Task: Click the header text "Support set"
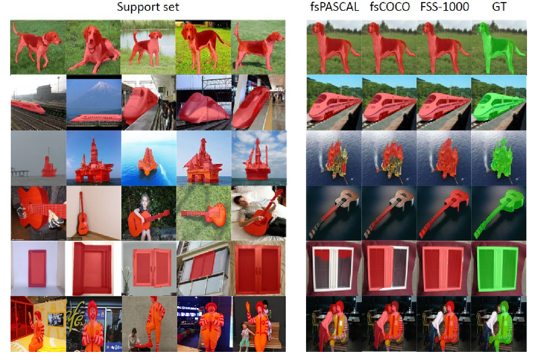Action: point(148,7)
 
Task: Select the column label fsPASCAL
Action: point(334,7)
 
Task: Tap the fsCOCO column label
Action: point(390,7)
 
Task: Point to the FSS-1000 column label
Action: point(444,7)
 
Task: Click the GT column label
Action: point(499,7)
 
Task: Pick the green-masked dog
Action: point(497,46)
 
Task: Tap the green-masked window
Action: point(497,269)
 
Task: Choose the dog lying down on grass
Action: point(94,48)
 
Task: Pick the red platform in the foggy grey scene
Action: point(49,166)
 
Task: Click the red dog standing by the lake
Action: point(147,48)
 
